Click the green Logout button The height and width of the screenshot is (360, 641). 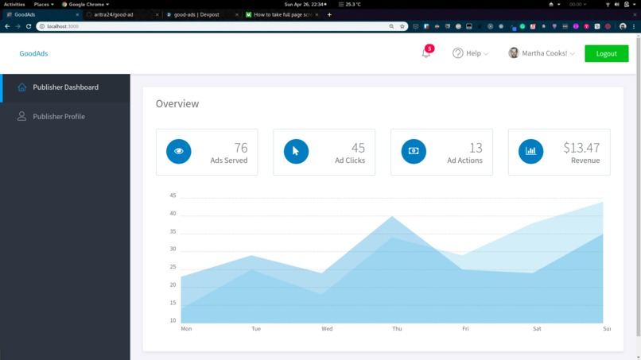click(606, 53)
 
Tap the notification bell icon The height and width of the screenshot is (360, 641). click(426, 53)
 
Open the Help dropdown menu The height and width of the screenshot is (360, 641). click(471, 53)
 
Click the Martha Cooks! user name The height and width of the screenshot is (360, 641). click(545, 53)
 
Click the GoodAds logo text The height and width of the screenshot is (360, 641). click(34, 53)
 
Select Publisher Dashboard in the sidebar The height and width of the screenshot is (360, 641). click(65, 87)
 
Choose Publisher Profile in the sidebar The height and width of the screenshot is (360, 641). click(59, 116)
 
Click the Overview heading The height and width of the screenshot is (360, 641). click(177, 103)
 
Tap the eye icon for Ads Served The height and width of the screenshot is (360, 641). click(178, 151)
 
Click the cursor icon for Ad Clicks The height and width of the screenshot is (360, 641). click(296, 151)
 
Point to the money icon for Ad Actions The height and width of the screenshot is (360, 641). click(414, 151)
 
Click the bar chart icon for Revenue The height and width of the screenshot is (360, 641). click(530, 151)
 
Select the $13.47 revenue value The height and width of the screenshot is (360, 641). click(581, 148)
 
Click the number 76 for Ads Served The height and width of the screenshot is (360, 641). click(240, 148)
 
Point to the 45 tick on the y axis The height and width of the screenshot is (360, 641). click(173, 195)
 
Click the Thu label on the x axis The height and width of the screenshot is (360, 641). click(396, 328)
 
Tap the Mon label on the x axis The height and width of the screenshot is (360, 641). click(186, 328)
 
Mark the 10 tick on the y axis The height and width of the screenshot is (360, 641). click(173, 320)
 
